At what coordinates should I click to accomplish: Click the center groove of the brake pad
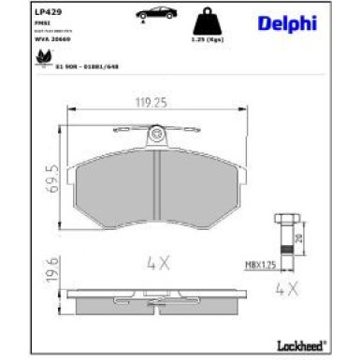tap(156, 187)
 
